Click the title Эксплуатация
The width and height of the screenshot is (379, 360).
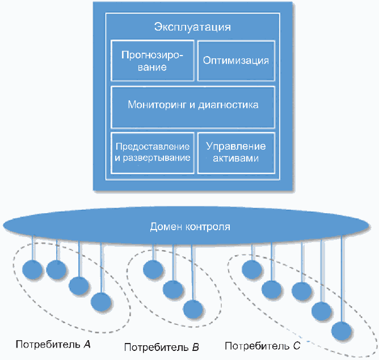tap(192, 27)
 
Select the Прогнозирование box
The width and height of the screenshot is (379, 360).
tap(152, 61)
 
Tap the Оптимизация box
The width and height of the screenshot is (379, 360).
tap(236, 61)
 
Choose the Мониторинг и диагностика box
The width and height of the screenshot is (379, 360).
tap(193, 107)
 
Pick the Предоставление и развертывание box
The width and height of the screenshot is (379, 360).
tap(152, 153)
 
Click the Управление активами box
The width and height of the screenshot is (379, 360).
tap(236, 153)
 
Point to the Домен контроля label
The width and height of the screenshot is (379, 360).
tap(190, 227)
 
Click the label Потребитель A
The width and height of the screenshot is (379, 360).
tap(53, 344)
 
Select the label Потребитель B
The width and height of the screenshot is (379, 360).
tap(162, 348)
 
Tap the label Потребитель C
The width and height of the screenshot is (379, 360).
tap(263, 346)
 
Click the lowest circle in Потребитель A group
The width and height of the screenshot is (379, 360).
tap(102, 302)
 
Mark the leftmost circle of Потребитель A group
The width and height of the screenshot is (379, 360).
tap(32, 270)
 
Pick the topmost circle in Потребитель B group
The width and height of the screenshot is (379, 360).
tap(153, 269)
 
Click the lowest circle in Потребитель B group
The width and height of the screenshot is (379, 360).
tap(193, 310)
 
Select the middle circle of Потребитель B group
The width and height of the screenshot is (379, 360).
tap(173, 289)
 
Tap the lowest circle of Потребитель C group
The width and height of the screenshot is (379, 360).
tap(342, 331)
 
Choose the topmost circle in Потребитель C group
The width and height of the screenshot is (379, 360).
tap(252, 269)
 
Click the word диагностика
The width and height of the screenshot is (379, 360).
tap(229, 105)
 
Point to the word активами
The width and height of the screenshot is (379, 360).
tap(235, 158)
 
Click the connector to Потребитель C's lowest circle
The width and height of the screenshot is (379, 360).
tap(342, 278)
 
